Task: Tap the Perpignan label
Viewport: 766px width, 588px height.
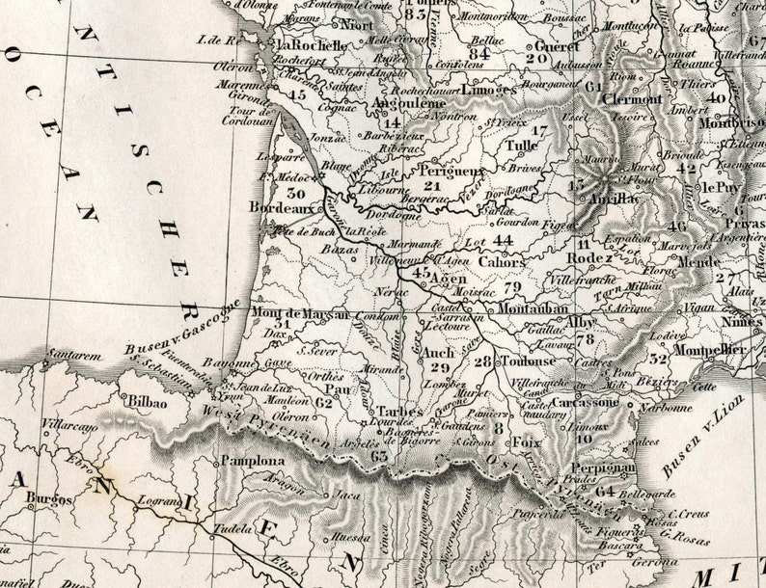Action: pyautogui.click(x=604, y=468)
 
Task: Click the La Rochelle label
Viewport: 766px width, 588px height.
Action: pyautogui.click(x=312, y=44)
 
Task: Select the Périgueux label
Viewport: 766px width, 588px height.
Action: pyautogui.click(x=451, y=171)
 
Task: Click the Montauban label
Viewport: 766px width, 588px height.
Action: pyautogui.click(x=533, y=308)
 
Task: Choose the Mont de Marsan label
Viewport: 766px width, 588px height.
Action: pyautogui.click(x=291, y=311)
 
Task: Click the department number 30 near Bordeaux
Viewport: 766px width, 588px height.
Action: pyautogui.click(x=295, y=194)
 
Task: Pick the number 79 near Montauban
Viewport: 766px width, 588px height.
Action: pyautogui.click(x=511, y=286)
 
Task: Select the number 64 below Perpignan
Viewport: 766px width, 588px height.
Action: pyautogui.click(x=605, y=491)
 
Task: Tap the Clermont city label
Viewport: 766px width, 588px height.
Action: pyautogui.click(x=632, y=98)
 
